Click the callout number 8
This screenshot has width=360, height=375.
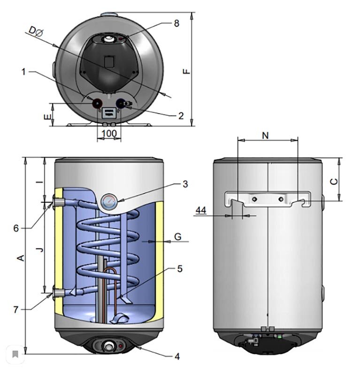176,23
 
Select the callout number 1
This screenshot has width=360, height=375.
23,72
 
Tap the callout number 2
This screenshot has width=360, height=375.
181,116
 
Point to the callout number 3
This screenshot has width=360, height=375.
185,184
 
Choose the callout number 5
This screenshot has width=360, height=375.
180,269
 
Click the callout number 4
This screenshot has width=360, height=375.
177,356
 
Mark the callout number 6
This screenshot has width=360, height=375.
16,228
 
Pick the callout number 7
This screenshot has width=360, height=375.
16,309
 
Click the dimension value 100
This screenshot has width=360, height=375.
109,134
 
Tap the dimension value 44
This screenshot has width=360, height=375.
201,210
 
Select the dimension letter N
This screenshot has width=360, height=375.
265,135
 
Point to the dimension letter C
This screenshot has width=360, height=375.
334,181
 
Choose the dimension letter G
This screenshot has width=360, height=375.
178,237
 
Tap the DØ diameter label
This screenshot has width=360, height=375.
36,31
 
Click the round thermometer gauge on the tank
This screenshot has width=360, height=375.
109,202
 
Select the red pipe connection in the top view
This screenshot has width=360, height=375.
97,103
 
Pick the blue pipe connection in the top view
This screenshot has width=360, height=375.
120,104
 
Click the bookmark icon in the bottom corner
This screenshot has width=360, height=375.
15,354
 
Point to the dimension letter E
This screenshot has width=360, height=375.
48,117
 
